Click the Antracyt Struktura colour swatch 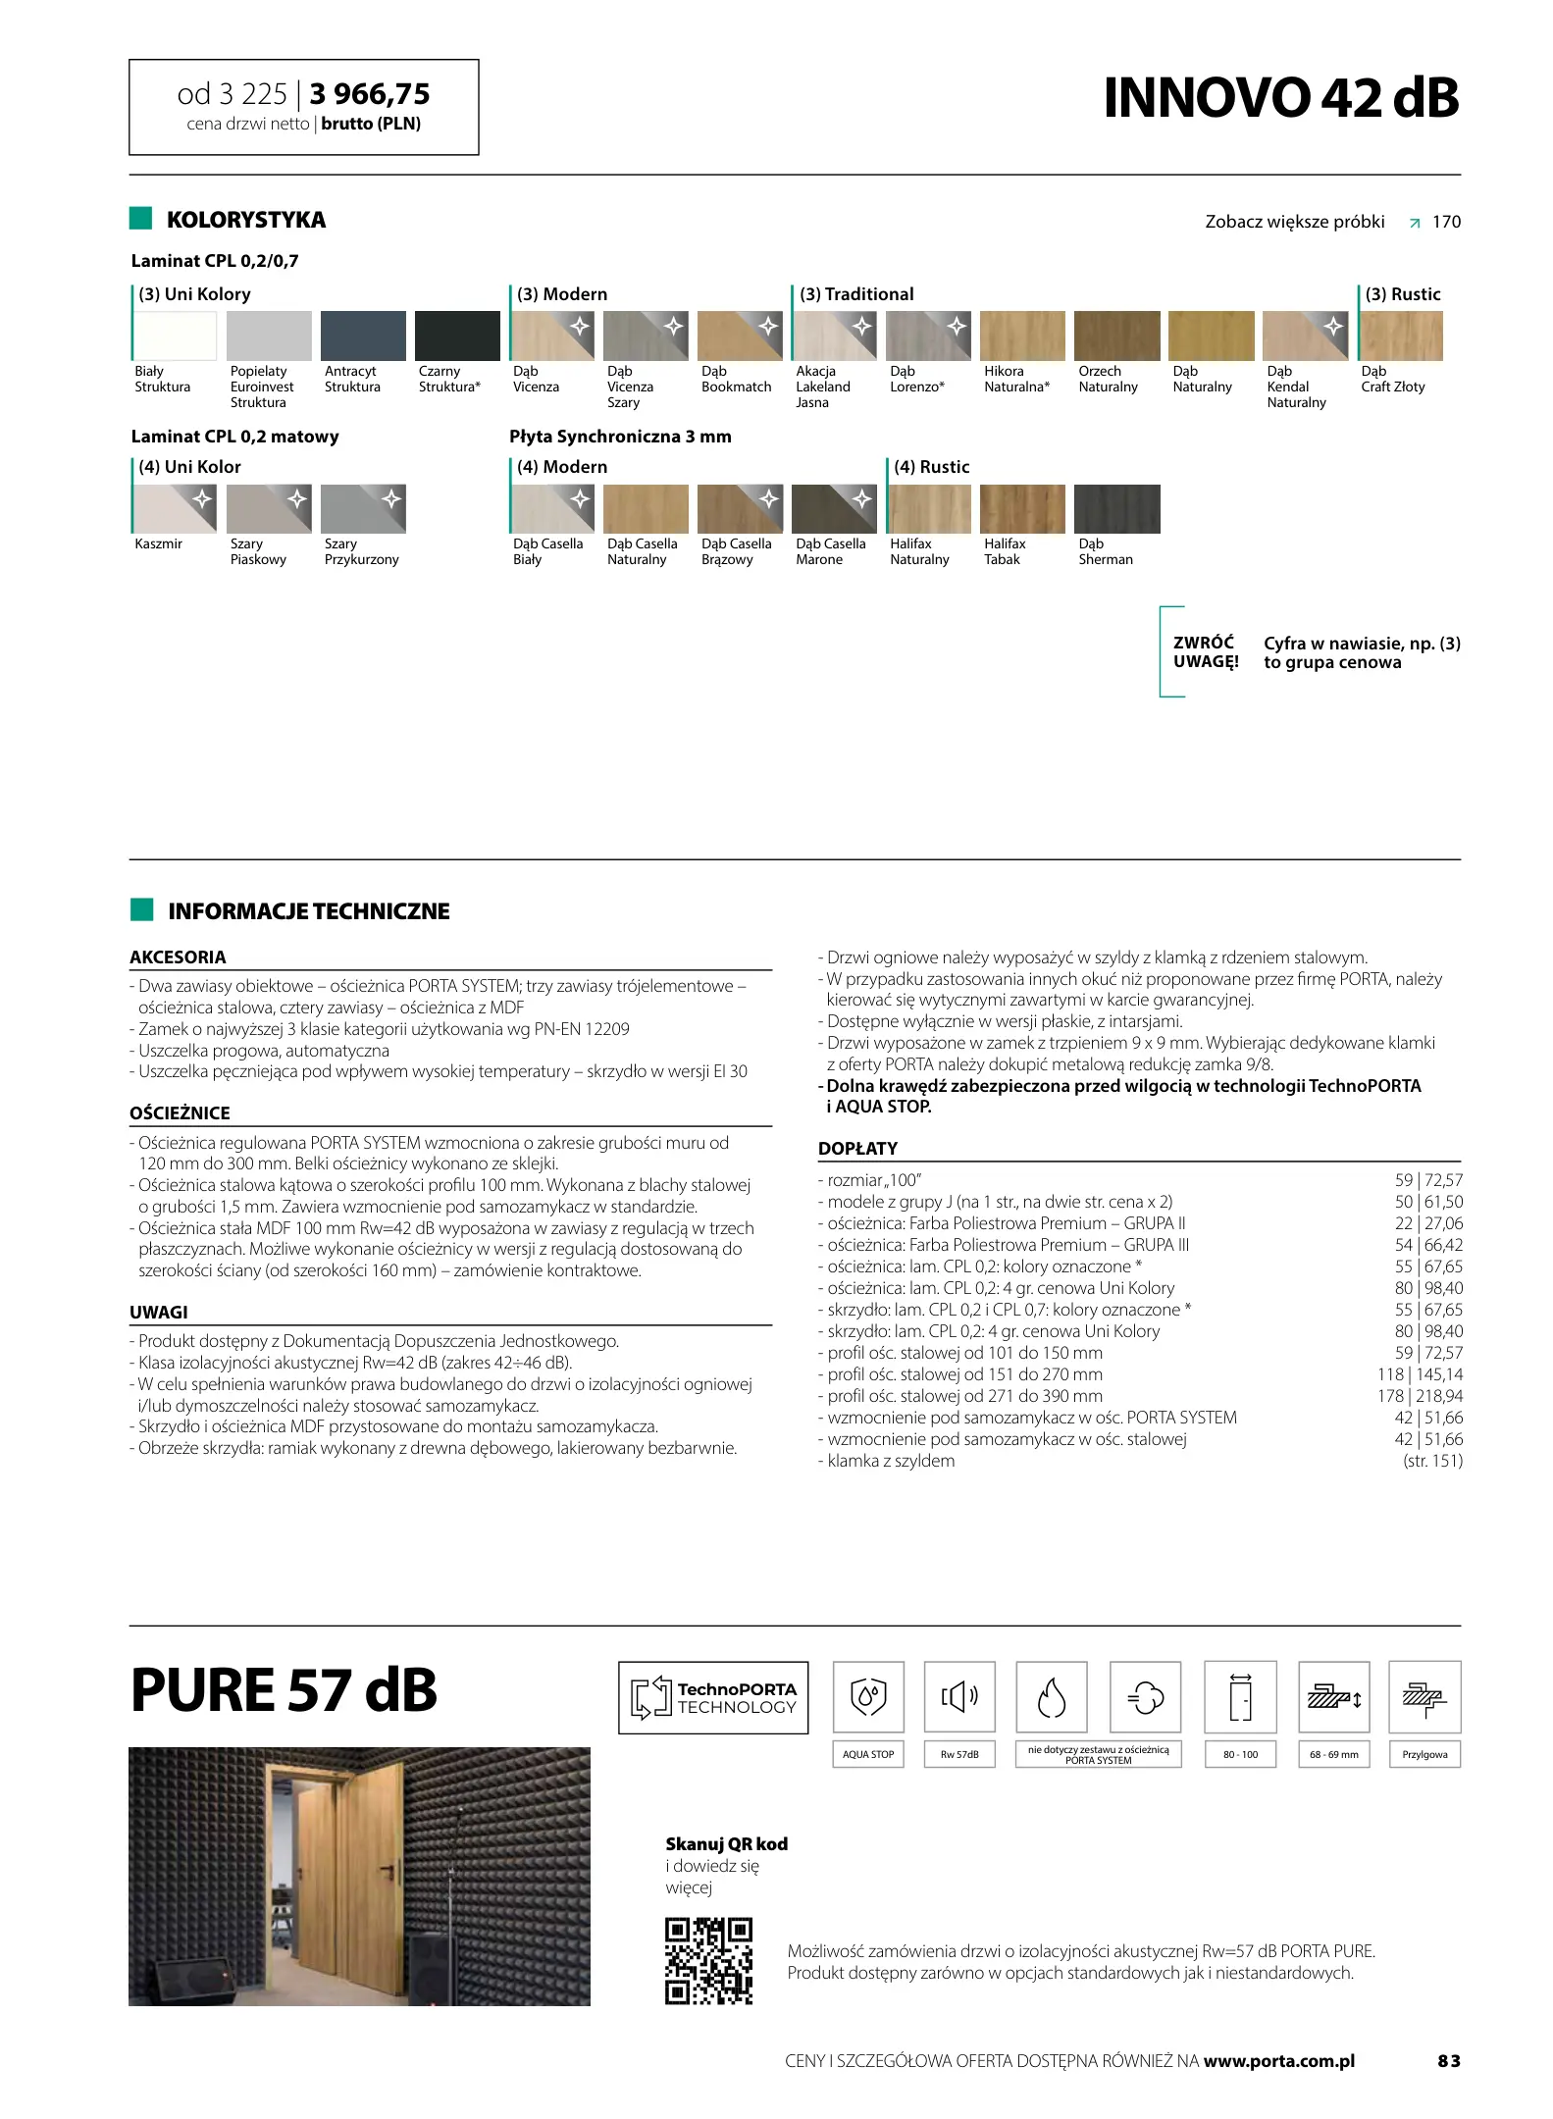pyautogui.click(x=364, y=336)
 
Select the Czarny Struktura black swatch pyautogui.click(x=457, y=336)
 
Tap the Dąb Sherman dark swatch pyautogui.click(x=1116, y=509)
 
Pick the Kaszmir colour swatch pyautogui.click(x=175, y=509)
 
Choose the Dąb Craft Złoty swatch pyautogui.click(x=1401, y=336)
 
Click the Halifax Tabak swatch pyautogui.click(x=1022, y=509)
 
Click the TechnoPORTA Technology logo pyautogui.click(x=713, y=1697)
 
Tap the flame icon pyautogui.click(x=1051, y=1697)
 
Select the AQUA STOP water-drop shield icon pyautogui.click(x=868, y=1697)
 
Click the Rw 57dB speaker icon pyautogui.click(x=959, y=1697)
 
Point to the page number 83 pyautogui.click(x=1448, y=2061)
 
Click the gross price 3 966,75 pyautogui.click(x=370, y=94)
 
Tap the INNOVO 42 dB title pyautogui.click(x=1280, y=97)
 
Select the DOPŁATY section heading pyautogui.click(x=857, y=1149)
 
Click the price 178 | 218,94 pyautogui.click(x=1420, y=1396)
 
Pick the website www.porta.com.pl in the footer pyautogui.click(x=1278, y=2061)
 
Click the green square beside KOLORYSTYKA pyautogui.click(x=141, y=219)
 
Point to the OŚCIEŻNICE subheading pyautogui.click(x=180, y=1113)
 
